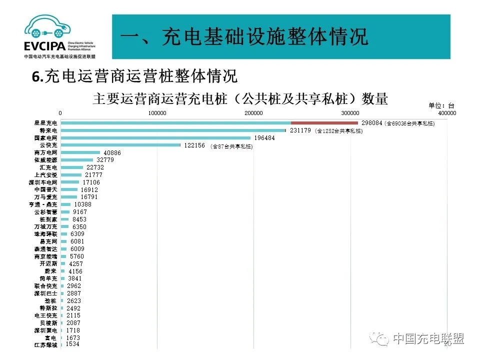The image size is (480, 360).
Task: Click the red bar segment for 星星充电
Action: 324,122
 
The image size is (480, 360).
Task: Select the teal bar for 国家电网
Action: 155,138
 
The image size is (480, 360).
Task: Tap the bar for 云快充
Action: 120,145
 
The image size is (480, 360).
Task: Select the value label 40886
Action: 112,152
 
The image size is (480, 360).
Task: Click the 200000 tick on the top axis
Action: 254,113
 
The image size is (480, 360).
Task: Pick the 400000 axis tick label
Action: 446,113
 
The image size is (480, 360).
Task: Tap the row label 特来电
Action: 49,130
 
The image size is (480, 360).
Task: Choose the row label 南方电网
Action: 45,152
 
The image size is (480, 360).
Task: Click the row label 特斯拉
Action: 49,308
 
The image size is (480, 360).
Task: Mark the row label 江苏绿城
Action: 45,345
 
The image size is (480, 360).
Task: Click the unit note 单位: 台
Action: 441,105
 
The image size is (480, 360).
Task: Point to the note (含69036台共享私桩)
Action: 409,123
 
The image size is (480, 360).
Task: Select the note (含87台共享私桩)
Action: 231,146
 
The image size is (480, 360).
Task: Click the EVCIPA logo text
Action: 44,46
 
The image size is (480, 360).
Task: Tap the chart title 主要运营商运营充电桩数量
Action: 240,98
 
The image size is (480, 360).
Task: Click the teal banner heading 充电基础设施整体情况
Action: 244,37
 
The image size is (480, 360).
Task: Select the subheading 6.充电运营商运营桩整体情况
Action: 134,76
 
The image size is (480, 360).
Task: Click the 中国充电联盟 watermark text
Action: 428,339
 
